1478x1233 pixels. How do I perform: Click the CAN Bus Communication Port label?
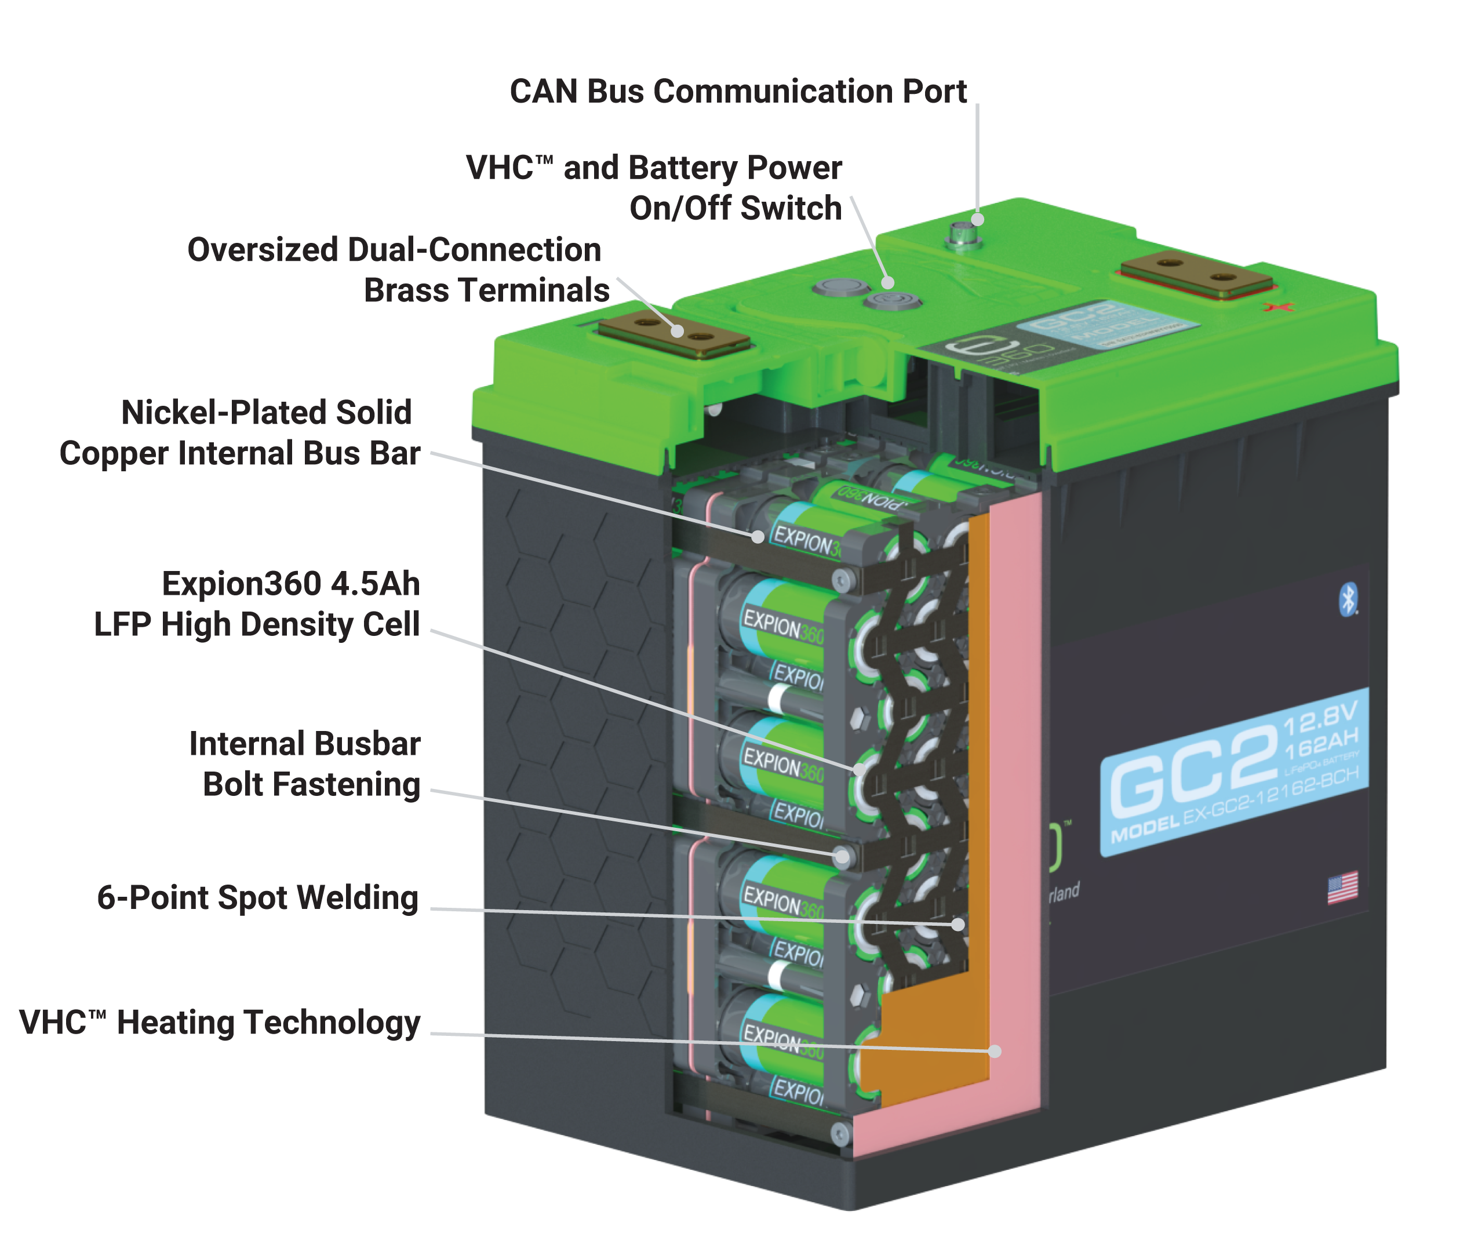[738, 92]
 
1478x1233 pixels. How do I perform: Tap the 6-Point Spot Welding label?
[257, 898]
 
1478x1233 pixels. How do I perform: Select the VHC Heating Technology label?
[220, 1023]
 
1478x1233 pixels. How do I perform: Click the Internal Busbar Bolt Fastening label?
[304, 764]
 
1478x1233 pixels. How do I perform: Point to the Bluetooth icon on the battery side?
[1348, 599]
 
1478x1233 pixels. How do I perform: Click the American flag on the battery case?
[1342, 888]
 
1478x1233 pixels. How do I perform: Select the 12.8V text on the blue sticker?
[1320, 718]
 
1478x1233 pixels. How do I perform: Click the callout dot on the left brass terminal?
[677, 331]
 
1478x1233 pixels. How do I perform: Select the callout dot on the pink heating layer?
[995, 1052]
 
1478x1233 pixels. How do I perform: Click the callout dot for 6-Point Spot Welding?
[958, 924]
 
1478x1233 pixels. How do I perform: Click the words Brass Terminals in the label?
[486, 290]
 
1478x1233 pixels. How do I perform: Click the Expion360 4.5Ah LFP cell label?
[257, 604]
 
